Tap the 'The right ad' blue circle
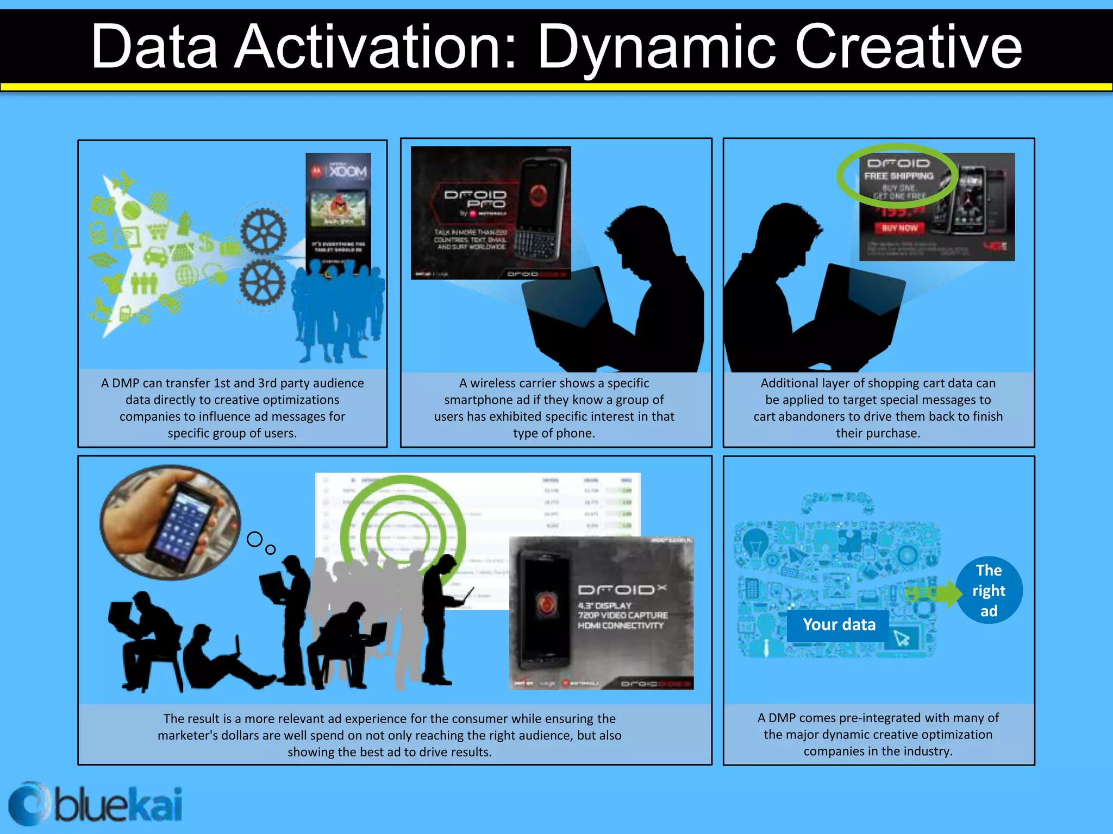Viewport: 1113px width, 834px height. (989, 590)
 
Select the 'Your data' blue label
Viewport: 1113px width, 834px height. (839, 624)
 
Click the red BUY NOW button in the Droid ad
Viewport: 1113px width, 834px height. (899, 228)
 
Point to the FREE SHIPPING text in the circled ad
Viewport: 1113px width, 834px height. (898, 176)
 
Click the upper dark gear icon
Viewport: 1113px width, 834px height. (264, 231)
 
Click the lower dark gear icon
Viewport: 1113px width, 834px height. (262, 282)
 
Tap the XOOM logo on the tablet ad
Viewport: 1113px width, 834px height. (347, 172)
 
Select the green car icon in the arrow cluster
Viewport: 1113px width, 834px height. (155, 255)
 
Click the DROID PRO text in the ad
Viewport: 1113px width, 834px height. (475, 199)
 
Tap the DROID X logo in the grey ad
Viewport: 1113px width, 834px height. (621, 590)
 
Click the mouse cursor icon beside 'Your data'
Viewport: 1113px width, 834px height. (902, 638)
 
